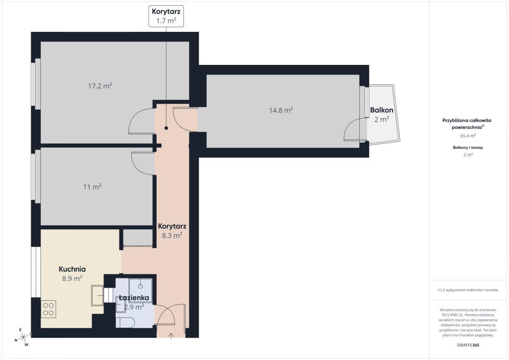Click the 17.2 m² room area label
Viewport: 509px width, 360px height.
[x=100, y=86]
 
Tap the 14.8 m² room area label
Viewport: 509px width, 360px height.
[x=281, y=110]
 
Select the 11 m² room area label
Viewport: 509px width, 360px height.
[x=92, y=187]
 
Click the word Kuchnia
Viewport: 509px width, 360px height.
[x=72, y=269]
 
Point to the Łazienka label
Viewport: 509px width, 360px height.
[x=134, y=298]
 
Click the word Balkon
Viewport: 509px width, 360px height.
[x=382, y=110]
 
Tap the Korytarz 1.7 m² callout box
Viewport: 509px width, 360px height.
[x=166, y=17]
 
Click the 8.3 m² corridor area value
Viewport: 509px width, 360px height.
[x=172, y=235]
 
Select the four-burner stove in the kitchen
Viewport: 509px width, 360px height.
[x=48, y=310]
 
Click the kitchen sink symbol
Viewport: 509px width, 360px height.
[x=98, y=296]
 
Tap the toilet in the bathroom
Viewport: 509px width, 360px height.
[x=125, y=323]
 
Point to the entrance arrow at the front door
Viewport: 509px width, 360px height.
[x=171, y=336]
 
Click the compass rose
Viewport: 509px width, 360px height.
[x=23, y=337]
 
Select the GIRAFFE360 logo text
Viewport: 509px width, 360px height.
[x=468, y=345]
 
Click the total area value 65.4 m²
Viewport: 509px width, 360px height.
[x=468, y=136]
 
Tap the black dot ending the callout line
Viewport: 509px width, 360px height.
[x=166, y=128]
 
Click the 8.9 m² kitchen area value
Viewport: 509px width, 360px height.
[x=72, y=279]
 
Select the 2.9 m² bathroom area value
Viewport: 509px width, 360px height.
[x=134, y=307]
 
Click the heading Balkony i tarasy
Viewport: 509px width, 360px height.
[x=468, y=148]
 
